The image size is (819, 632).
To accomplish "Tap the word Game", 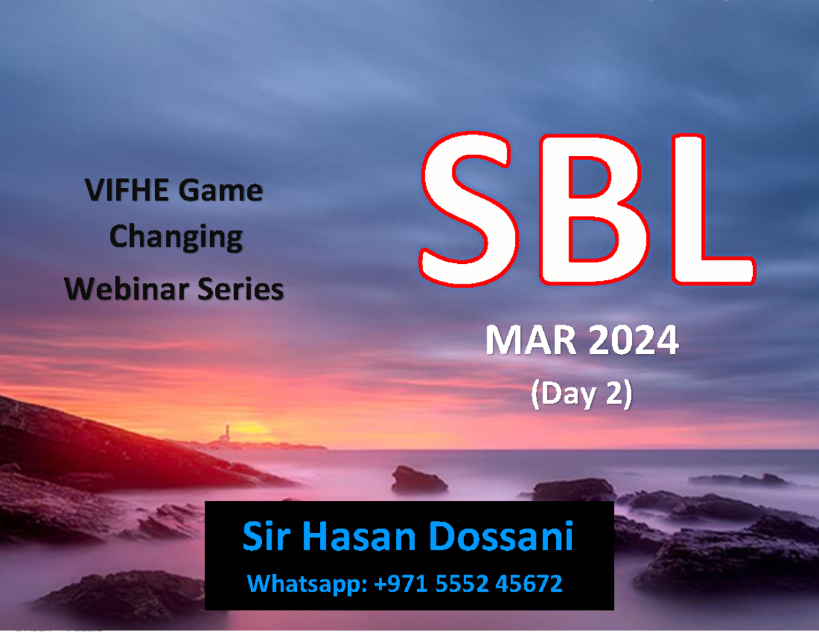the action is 220,190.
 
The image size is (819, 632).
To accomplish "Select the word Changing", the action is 175,238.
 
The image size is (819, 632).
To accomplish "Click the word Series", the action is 240,288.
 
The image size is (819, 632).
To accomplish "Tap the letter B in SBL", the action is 594,209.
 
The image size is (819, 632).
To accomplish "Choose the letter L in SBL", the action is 713,209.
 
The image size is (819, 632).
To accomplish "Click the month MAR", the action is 531,341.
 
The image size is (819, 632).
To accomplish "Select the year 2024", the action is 633,341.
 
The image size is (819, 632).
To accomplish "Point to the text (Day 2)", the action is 581,394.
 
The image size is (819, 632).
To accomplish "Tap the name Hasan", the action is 359,536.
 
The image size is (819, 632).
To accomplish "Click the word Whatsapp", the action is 307,584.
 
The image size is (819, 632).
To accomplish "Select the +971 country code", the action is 401,584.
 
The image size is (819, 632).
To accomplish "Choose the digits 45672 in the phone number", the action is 528,584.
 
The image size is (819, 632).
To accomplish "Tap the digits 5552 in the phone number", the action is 461,584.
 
